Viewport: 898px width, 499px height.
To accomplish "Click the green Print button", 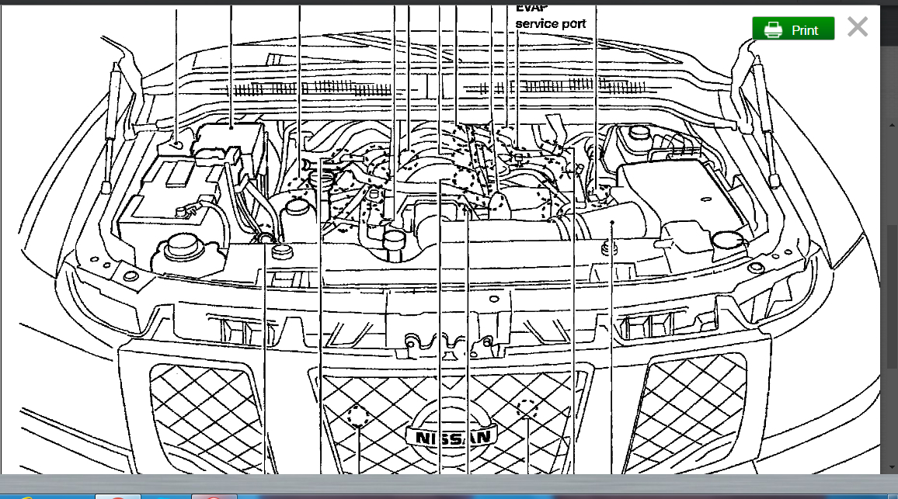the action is (793, 29).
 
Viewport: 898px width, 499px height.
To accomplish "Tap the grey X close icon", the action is (857, 28).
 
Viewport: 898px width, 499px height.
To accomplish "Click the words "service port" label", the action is (550, 24).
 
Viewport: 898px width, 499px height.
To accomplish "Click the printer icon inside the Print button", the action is (773, 29).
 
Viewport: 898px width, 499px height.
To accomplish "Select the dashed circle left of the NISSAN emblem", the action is (358, 416).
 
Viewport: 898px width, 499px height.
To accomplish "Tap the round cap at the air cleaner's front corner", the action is (727, 241).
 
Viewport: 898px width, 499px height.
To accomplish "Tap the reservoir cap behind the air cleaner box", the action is (639, 131).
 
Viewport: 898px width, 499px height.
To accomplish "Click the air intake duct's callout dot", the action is (612, 222).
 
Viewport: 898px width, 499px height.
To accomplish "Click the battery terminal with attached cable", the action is (186, 208).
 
